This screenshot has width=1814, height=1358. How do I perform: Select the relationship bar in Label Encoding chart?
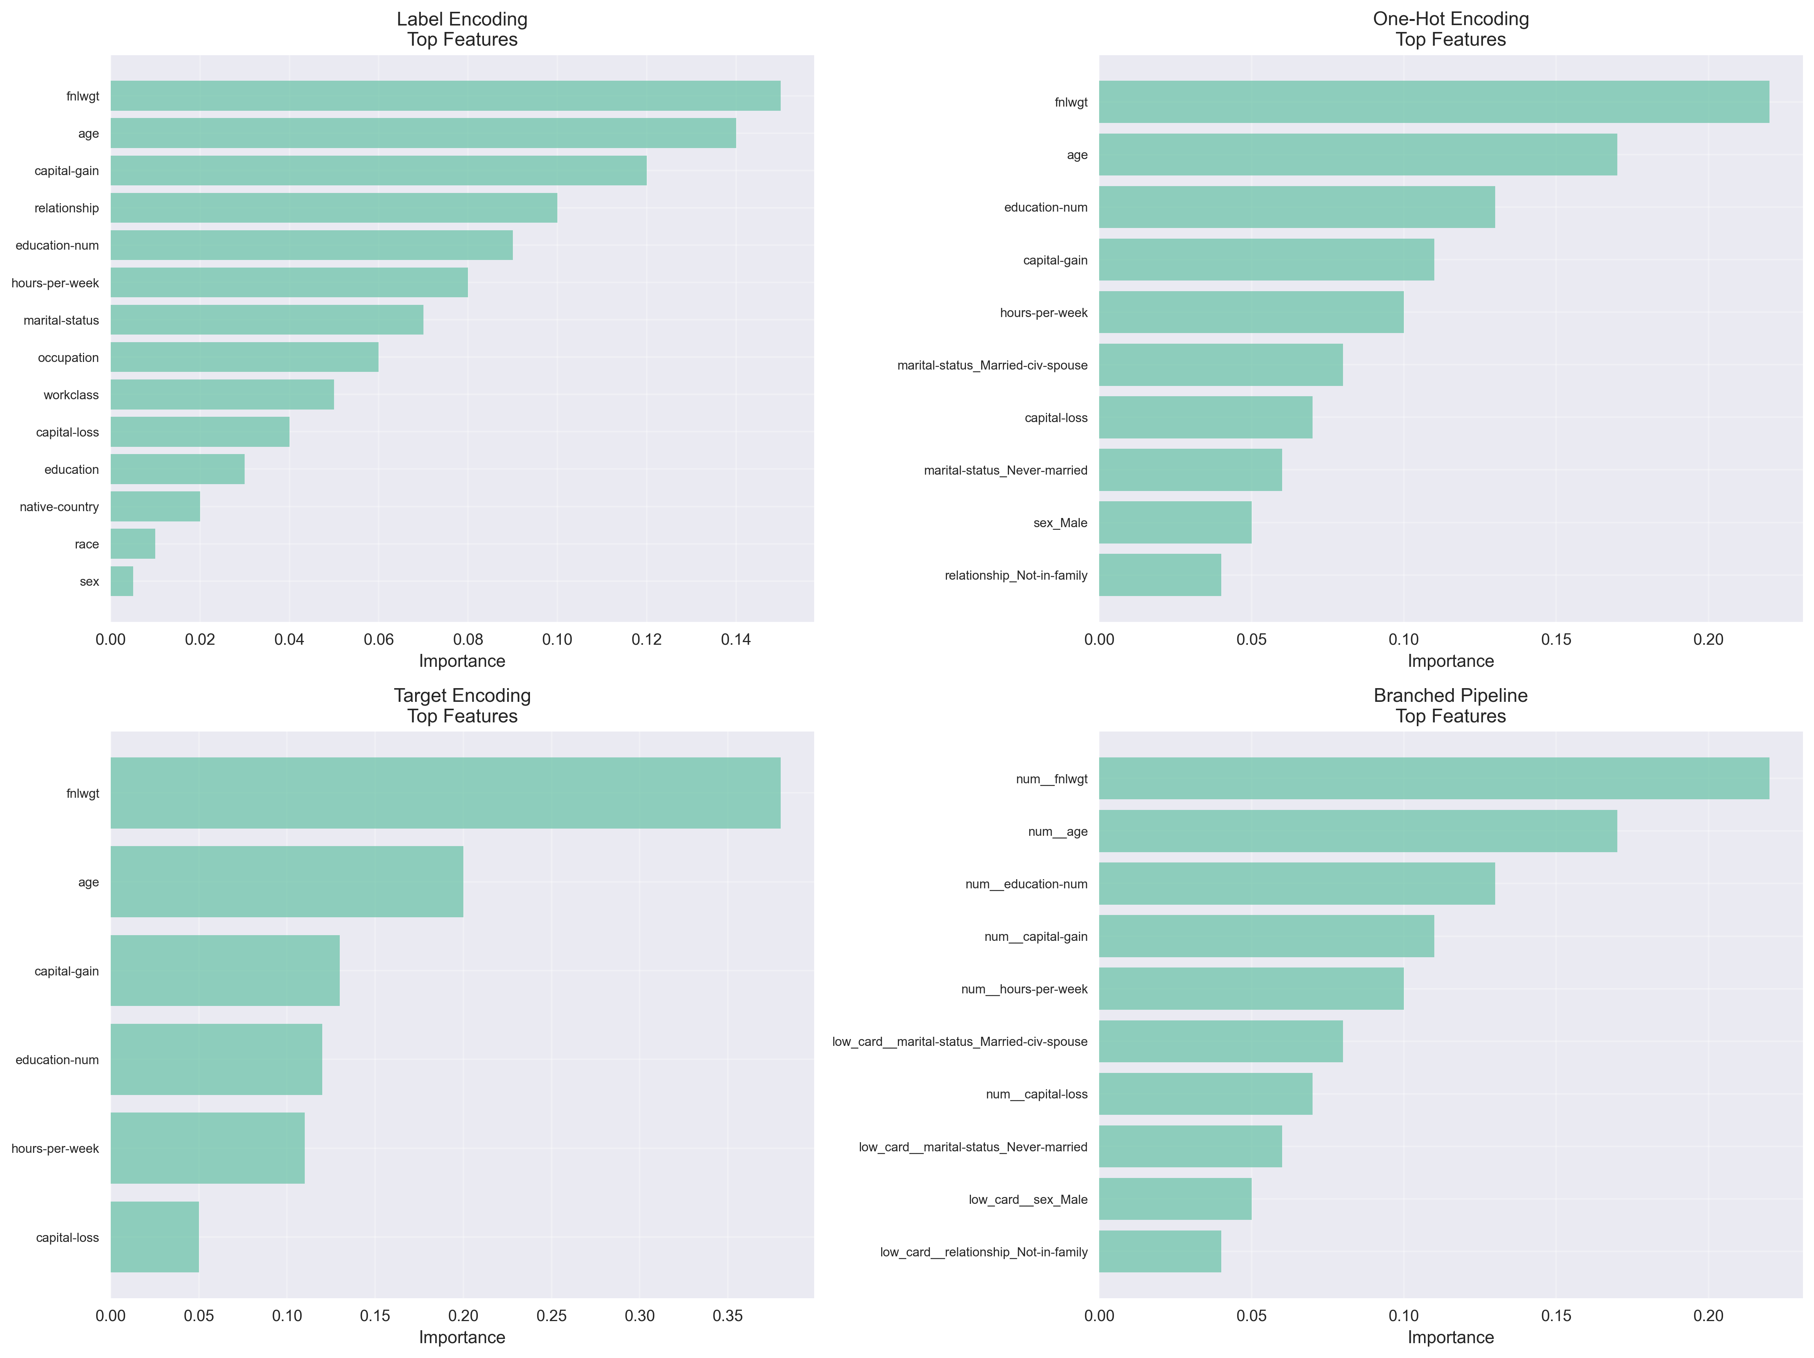coord(334,207)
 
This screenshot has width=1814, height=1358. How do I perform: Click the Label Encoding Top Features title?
coord(462,30)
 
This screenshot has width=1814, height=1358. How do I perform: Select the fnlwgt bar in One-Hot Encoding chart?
coord(1434,102)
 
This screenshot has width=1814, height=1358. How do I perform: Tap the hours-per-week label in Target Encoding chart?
coord(55,1148)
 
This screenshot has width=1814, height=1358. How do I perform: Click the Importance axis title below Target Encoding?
coord(462,1337)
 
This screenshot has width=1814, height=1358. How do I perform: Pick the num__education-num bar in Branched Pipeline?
coord(1297,884)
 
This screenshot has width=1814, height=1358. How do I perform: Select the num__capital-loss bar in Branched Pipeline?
coord(1206,1094)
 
